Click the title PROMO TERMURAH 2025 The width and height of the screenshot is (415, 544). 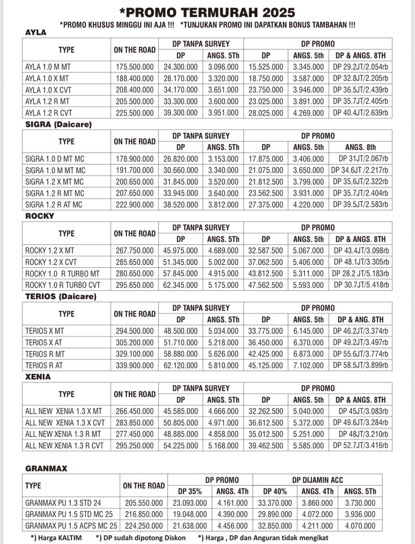(x=207, y=12)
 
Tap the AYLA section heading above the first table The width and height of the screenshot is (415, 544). (x=36, y=32)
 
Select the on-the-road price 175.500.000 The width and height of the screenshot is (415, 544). (x=135, y=67)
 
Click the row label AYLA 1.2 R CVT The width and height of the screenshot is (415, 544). (x=48, y=113)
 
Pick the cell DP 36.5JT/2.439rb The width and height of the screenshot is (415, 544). (x=360, y=90)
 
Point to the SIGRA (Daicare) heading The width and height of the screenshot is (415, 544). (x=58, y=125)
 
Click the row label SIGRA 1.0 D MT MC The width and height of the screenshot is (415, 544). (x=55, y=159)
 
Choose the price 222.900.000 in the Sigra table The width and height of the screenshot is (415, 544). (x=135, y=205)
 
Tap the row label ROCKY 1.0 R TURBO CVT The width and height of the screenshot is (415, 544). (x=63, y=285)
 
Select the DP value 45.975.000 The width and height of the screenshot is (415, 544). (x=181, y=251)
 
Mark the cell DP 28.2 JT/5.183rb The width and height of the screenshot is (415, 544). (x=360, y=274)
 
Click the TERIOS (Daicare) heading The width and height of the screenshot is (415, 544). (x=61, y=297)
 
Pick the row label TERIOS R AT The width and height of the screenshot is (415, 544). (x=44, y=365)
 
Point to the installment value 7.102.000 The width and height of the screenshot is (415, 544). (x=308, y=365)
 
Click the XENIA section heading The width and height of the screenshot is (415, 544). (x=38, y=377)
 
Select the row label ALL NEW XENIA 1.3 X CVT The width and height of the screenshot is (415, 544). (x=65, y=423)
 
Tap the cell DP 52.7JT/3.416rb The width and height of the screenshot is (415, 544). (x=360, y=446)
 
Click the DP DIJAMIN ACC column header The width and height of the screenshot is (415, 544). (x=317, y=480)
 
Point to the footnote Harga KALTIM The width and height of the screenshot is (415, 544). (x=56, y=538)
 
